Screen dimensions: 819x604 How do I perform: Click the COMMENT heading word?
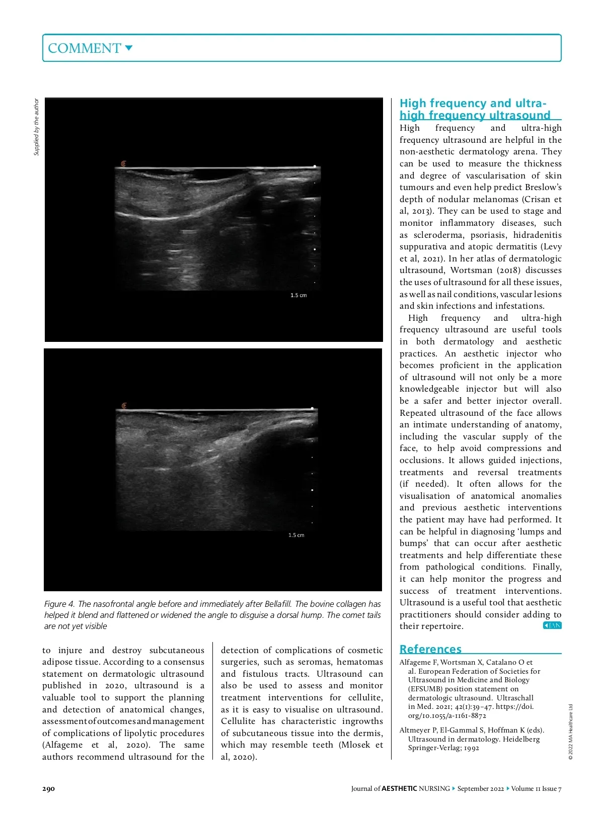[84, 48]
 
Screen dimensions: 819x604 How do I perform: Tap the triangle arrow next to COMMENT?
[128, 48]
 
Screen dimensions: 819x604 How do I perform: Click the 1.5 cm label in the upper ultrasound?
[298, 295]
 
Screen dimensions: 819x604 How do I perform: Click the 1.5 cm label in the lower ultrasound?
[296, 535]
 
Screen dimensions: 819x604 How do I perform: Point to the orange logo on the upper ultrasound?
[124, 164]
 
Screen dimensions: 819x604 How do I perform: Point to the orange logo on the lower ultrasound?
[124, 406]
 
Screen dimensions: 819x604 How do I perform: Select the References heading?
[430, 649]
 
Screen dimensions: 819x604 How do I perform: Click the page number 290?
[48, 788]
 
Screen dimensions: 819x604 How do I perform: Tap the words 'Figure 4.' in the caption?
[59, 604]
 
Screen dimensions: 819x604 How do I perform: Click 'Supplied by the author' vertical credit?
[36, 127]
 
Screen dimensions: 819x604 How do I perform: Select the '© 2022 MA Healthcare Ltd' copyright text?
[571, 732]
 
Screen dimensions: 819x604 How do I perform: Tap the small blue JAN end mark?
[552, 625]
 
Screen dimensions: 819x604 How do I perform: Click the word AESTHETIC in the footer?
[399, 788]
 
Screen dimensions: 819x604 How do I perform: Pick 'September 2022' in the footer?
[480, 788]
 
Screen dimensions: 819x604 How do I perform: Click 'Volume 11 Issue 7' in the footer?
[536, 788]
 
